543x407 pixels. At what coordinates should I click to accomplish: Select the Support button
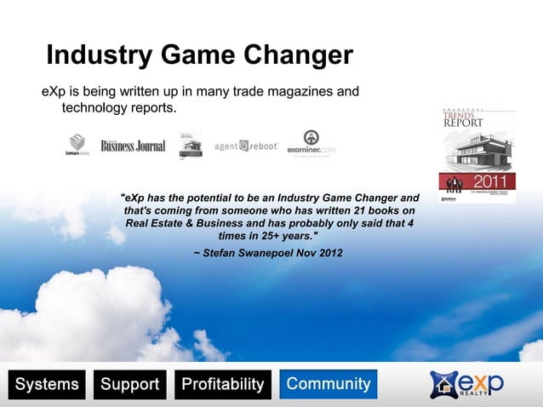tap(130, 385)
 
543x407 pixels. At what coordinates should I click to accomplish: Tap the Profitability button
tap(223, 385)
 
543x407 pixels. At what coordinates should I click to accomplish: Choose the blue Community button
tap(329, 384)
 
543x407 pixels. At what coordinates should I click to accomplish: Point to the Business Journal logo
tap(133, 146)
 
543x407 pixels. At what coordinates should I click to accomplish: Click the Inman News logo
tap(77, 144)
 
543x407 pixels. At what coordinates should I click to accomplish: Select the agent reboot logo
tap(246, 146)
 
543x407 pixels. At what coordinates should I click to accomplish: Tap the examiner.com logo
tap(312, 144)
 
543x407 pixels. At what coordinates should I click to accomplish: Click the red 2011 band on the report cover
tap(477, 181)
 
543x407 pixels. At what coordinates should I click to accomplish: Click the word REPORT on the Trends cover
tap(463, 123)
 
